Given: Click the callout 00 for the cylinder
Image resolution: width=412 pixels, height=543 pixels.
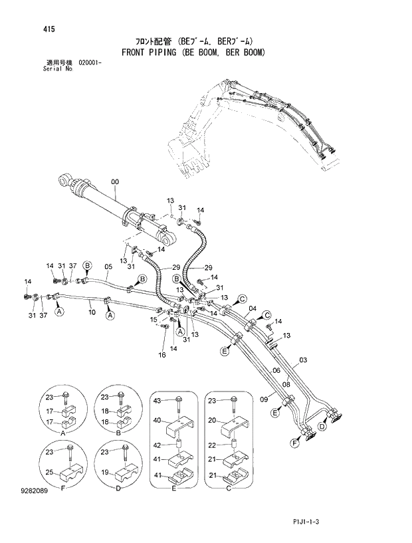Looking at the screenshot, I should [115, 181].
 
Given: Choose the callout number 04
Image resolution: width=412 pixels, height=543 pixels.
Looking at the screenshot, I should [253, 308].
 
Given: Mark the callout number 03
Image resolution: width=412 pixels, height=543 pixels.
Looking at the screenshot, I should [303, 360].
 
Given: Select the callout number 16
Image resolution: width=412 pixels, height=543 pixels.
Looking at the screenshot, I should [162, 356].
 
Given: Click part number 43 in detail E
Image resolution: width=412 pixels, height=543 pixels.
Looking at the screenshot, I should [157, 400].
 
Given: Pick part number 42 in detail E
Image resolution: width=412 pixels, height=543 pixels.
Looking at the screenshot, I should [157, 445].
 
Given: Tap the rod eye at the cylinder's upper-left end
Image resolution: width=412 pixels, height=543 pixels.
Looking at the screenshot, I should [63, 179].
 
